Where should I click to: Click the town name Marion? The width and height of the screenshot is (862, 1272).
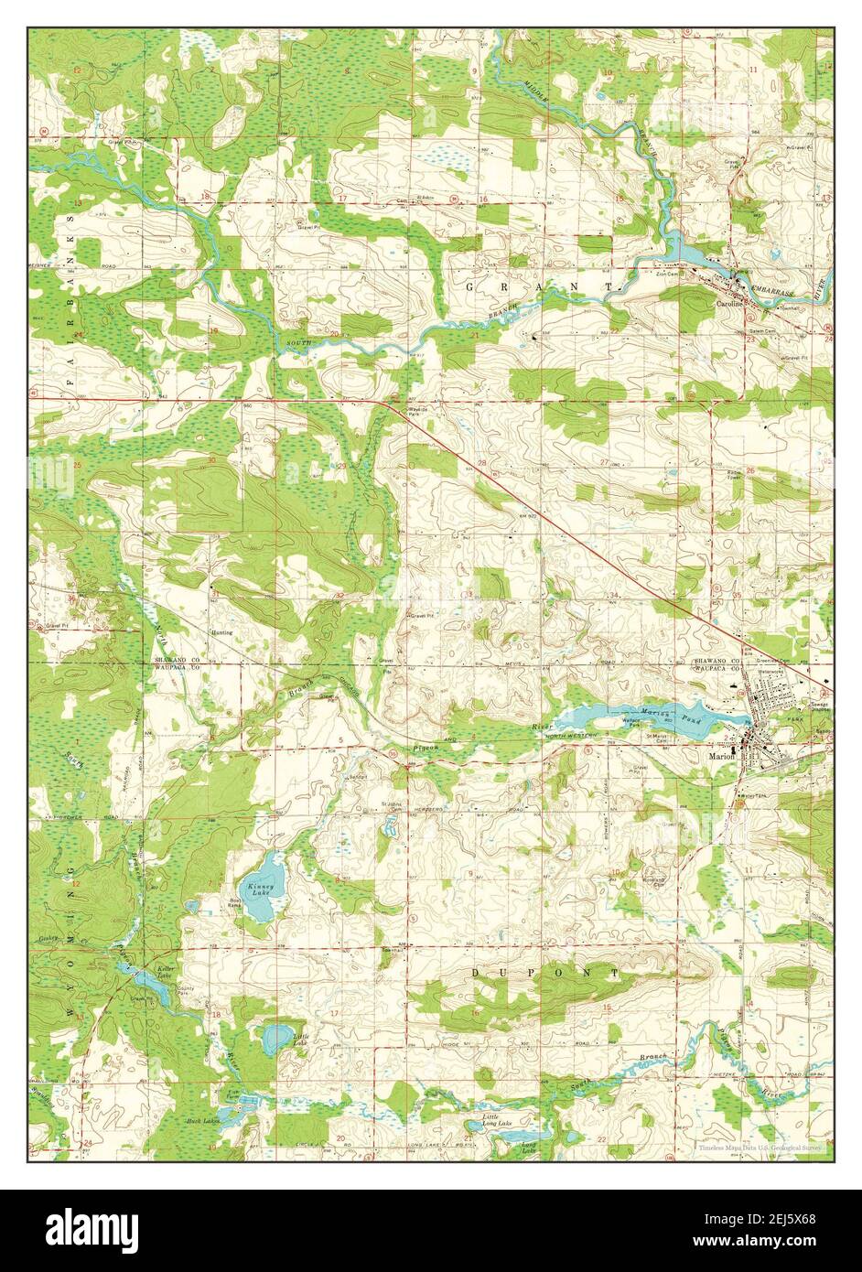click(722, 757)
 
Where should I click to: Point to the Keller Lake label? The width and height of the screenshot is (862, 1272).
click(165, 973)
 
